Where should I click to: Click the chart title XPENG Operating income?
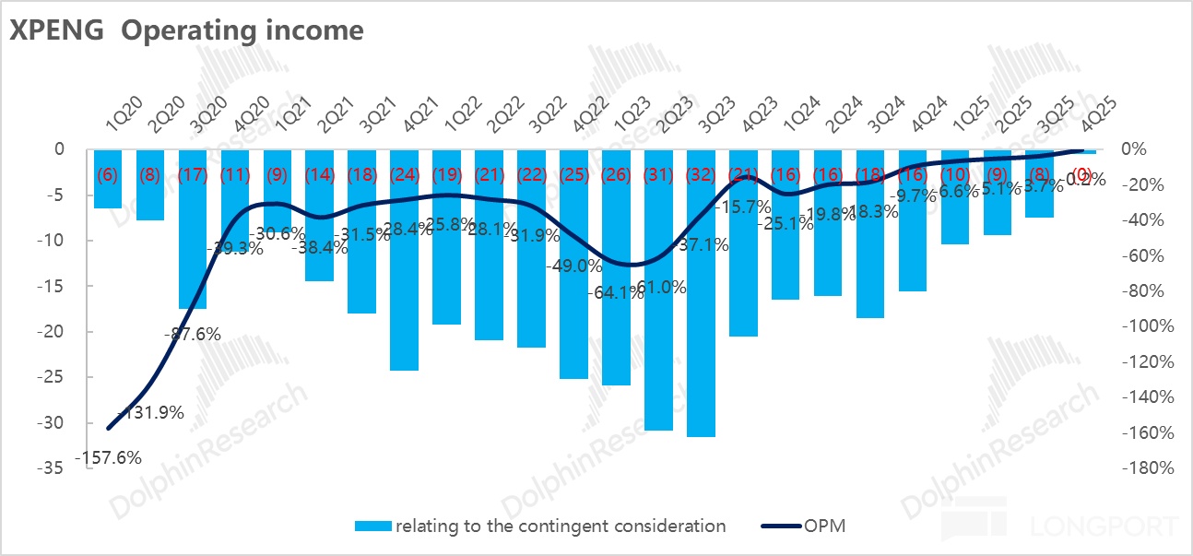click(186, 30)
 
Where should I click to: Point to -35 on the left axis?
click(52, 468)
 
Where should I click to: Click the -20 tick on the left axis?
click(52, 332)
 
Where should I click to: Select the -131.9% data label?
click(151, 412)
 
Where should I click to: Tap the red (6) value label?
click(108, 174)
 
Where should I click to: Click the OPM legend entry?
click(802, 526)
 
